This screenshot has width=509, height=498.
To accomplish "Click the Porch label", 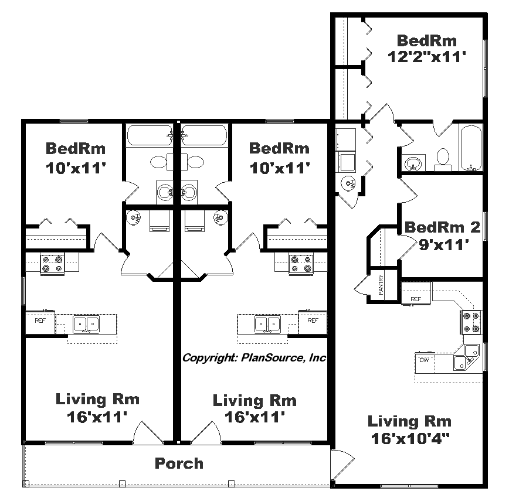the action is point(179,463).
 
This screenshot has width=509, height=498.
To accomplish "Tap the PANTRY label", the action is point(381,285).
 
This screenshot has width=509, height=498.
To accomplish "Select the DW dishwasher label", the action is point(425,360).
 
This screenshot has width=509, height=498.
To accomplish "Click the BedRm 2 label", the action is point(442,227).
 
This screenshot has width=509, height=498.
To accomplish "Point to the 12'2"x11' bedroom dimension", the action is point(426,57).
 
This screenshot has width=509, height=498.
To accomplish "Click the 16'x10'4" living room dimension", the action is point(410,439).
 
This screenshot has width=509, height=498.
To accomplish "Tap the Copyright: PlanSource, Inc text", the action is point(254,357).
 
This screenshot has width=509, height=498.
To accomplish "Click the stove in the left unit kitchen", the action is point(52,264).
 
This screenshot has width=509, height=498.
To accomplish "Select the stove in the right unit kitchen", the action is point(471,322).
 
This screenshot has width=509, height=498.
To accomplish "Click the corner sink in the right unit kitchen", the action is point(466,357).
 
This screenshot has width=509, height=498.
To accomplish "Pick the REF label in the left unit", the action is point(40,320).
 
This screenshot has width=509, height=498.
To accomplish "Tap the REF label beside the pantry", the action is point(416,299).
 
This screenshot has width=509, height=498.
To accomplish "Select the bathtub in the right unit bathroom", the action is point(470,148).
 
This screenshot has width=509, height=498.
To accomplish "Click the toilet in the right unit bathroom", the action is point(443,159).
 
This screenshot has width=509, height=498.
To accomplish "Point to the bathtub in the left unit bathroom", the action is point(150,135).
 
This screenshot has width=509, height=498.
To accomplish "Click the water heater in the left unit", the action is point(133,217).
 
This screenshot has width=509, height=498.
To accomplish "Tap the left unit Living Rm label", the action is point(97,399).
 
